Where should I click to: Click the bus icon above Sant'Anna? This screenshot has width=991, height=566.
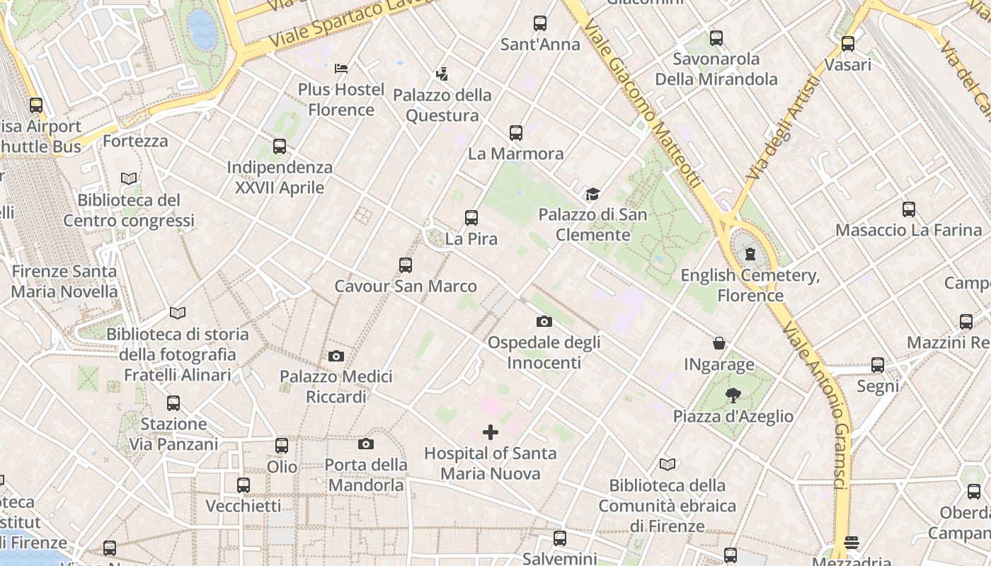pyautogui.click(x=540, y=23)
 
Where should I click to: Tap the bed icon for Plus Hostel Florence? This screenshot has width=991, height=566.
pyautogui.click(x=341, y=69)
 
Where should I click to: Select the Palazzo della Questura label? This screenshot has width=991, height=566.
pyautogui.click(x=442, y=105)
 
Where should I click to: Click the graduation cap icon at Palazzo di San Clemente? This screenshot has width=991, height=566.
pyautogui.click(x=592, y=194)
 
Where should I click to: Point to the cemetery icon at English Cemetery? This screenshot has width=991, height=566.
pyautogui.click(x=750, y=254)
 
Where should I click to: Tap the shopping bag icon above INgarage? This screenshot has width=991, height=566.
pyautogui.click(x=719, y=344)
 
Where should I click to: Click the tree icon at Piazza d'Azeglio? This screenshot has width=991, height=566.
pyautogui.click(x=733, y=395)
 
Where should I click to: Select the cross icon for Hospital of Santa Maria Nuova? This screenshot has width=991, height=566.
pyautogui.click(x=491, y=432)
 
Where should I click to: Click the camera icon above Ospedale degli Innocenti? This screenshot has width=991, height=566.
pyautogui.click(x=544, y=322)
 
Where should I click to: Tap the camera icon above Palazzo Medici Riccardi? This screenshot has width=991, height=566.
pyautogui.click(x=336, y=356)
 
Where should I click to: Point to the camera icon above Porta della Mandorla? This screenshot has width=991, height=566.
pyautogui.click(x=366, y=444)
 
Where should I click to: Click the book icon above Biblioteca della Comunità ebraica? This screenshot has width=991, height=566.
pyautogui.click(x=668, y=464)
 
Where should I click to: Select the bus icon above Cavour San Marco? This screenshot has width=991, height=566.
pyautogui.click(x=406, y=265)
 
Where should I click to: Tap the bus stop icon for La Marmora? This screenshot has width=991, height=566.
pyautogui.click(x=516, y=133)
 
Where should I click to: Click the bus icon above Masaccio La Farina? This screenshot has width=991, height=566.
pyautogui.click(x=909, y=209)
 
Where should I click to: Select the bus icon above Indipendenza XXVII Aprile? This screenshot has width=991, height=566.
pyautogui.click(x=280, y=147)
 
